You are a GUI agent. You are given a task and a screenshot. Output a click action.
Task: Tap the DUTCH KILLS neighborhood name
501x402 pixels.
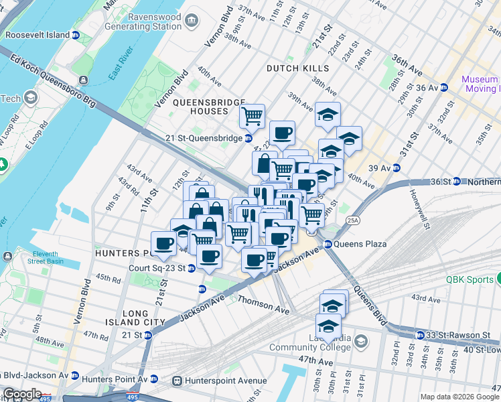tap(297, 68)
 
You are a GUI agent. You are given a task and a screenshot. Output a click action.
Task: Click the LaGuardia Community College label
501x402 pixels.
tap(309, 341)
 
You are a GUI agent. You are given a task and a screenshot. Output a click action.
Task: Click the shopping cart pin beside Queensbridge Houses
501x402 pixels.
tap(252, 116)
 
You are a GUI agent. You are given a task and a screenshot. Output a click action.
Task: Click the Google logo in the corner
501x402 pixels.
tap(22, 393)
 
